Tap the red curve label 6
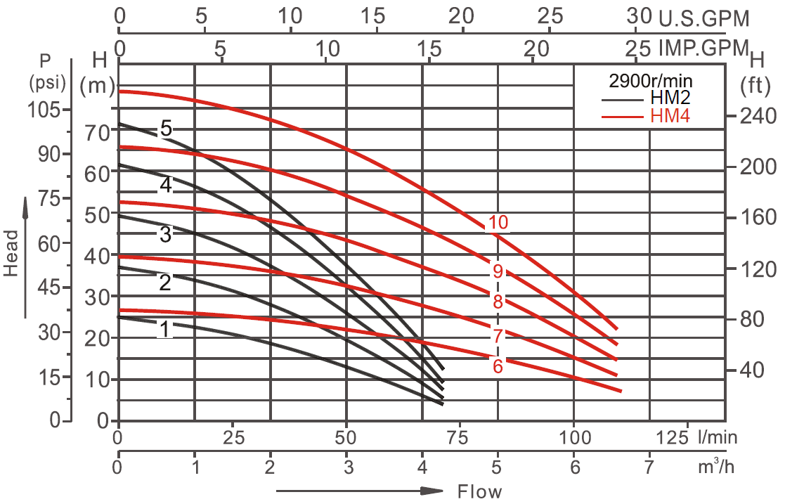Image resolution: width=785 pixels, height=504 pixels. (498, 366)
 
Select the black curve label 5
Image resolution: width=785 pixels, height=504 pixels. (166, 128)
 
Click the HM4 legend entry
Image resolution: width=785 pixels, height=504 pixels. (671, 116)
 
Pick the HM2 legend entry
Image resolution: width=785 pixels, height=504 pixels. (671, 100)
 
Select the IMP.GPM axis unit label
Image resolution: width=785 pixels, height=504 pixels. (702, 49)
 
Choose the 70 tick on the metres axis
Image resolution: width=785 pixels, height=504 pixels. (98, 131)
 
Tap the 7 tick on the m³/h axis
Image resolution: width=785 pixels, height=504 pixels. (649, 467)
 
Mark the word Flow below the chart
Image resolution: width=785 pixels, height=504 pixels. (480, 491)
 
